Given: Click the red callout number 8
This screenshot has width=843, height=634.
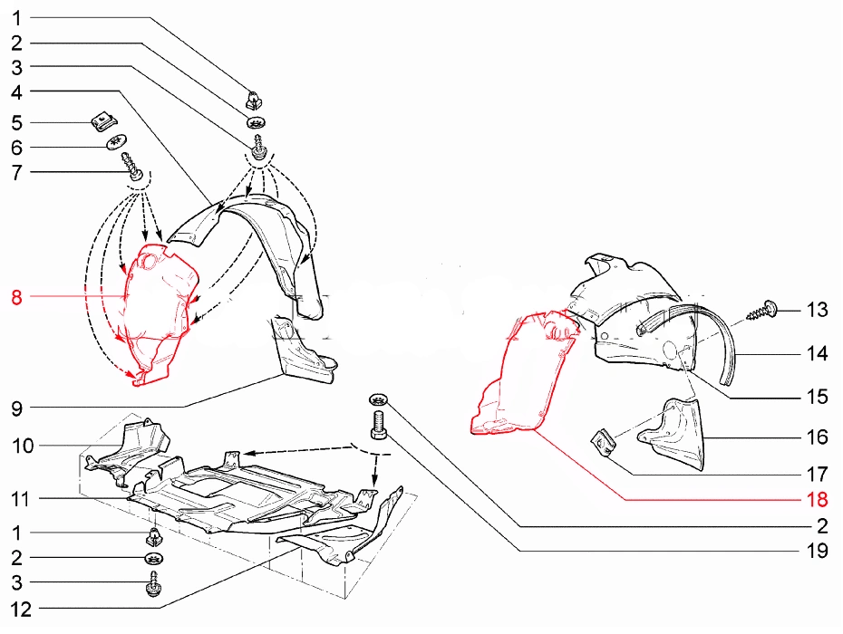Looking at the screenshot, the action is point(16,296).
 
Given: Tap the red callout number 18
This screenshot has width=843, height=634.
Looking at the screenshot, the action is point(817,499).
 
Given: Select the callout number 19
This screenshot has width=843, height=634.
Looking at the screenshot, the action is point(817,551).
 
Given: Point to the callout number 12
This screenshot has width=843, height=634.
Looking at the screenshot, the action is point(22,610).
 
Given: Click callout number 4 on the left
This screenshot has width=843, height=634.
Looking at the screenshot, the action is point(16,91).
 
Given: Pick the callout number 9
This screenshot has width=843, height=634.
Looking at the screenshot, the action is point(16,408).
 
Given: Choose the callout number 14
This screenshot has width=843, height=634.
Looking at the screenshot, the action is point(817,353).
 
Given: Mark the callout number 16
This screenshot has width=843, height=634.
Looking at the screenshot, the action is point(817,437).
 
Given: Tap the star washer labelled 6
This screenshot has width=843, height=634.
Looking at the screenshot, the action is point(116,142).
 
